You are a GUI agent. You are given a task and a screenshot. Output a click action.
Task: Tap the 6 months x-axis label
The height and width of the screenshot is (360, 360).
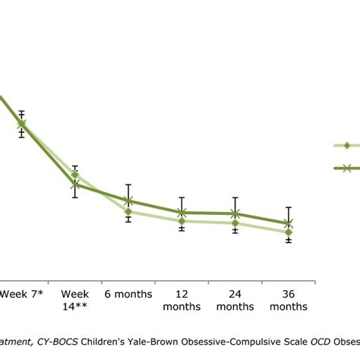pyautogui.click(x=128, y=293)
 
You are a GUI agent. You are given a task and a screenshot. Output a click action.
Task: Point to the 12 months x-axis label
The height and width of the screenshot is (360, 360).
pyautogui.click(x=182, y=300)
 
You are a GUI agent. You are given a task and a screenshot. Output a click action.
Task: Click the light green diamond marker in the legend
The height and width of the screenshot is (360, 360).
pyautogui.click(x=346, y=145)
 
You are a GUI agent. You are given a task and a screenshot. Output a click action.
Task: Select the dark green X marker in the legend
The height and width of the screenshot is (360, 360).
pyautogui.click(x=346, y=169)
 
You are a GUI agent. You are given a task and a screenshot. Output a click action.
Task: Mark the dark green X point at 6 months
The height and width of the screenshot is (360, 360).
pyautogui.click(x=128, y=201)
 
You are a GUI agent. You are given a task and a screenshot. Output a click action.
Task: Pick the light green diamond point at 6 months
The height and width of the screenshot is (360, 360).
pyautogui.click(x=128, y=212)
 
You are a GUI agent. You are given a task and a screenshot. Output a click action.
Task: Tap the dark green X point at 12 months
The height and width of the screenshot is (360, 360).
pyautogui.click(x=182, y=213)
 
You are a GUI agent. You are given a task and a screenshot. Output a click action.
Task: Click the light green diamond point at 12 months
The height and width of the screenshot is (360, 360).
pyautogui.click(x=182, y=221)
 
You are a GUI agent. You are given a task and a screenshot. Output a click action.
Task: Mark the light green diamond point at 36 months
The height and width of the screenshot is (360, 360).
pyautogui.click(x=288, y=232)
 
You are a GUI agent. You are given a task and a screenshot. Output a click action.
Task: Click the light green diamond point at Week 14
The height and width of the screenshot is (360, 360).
pyautogui.click(x=75, y=175)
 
